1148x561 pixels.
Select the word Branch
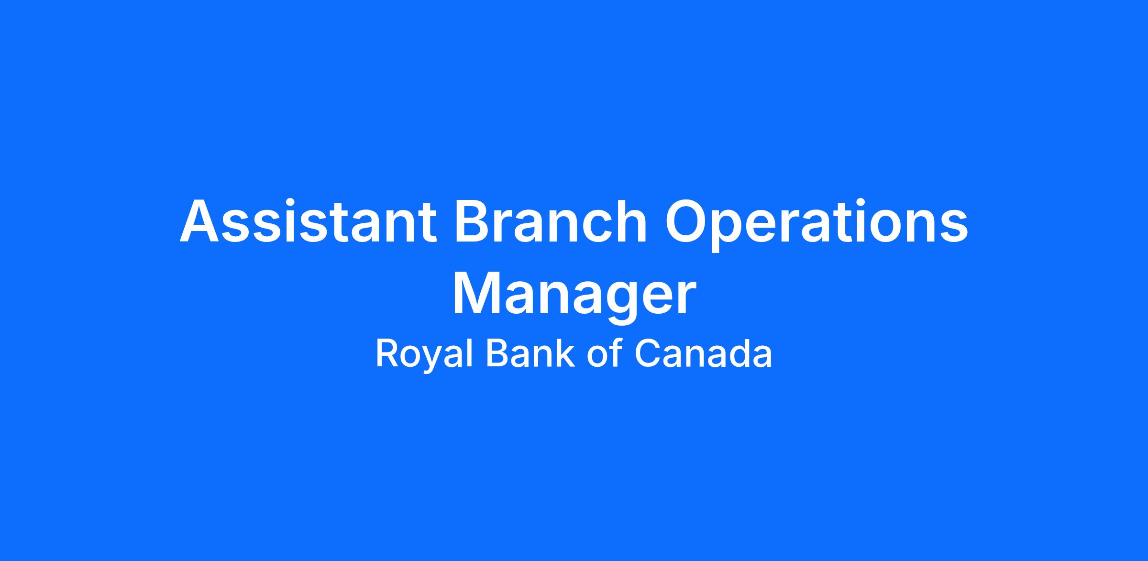pyautogui.click(x=551, y=221)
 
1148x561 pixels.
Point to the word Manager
pyautogui.click(x=574, y=297)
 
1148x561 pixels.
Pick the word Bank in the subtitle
pyautogui.click(x=530, y=353)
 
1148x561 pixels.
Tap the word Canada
pyautogui.click(x=703, y=353)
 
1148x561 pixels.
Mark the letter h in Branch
pyautogui.click(x=631, y=221)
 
